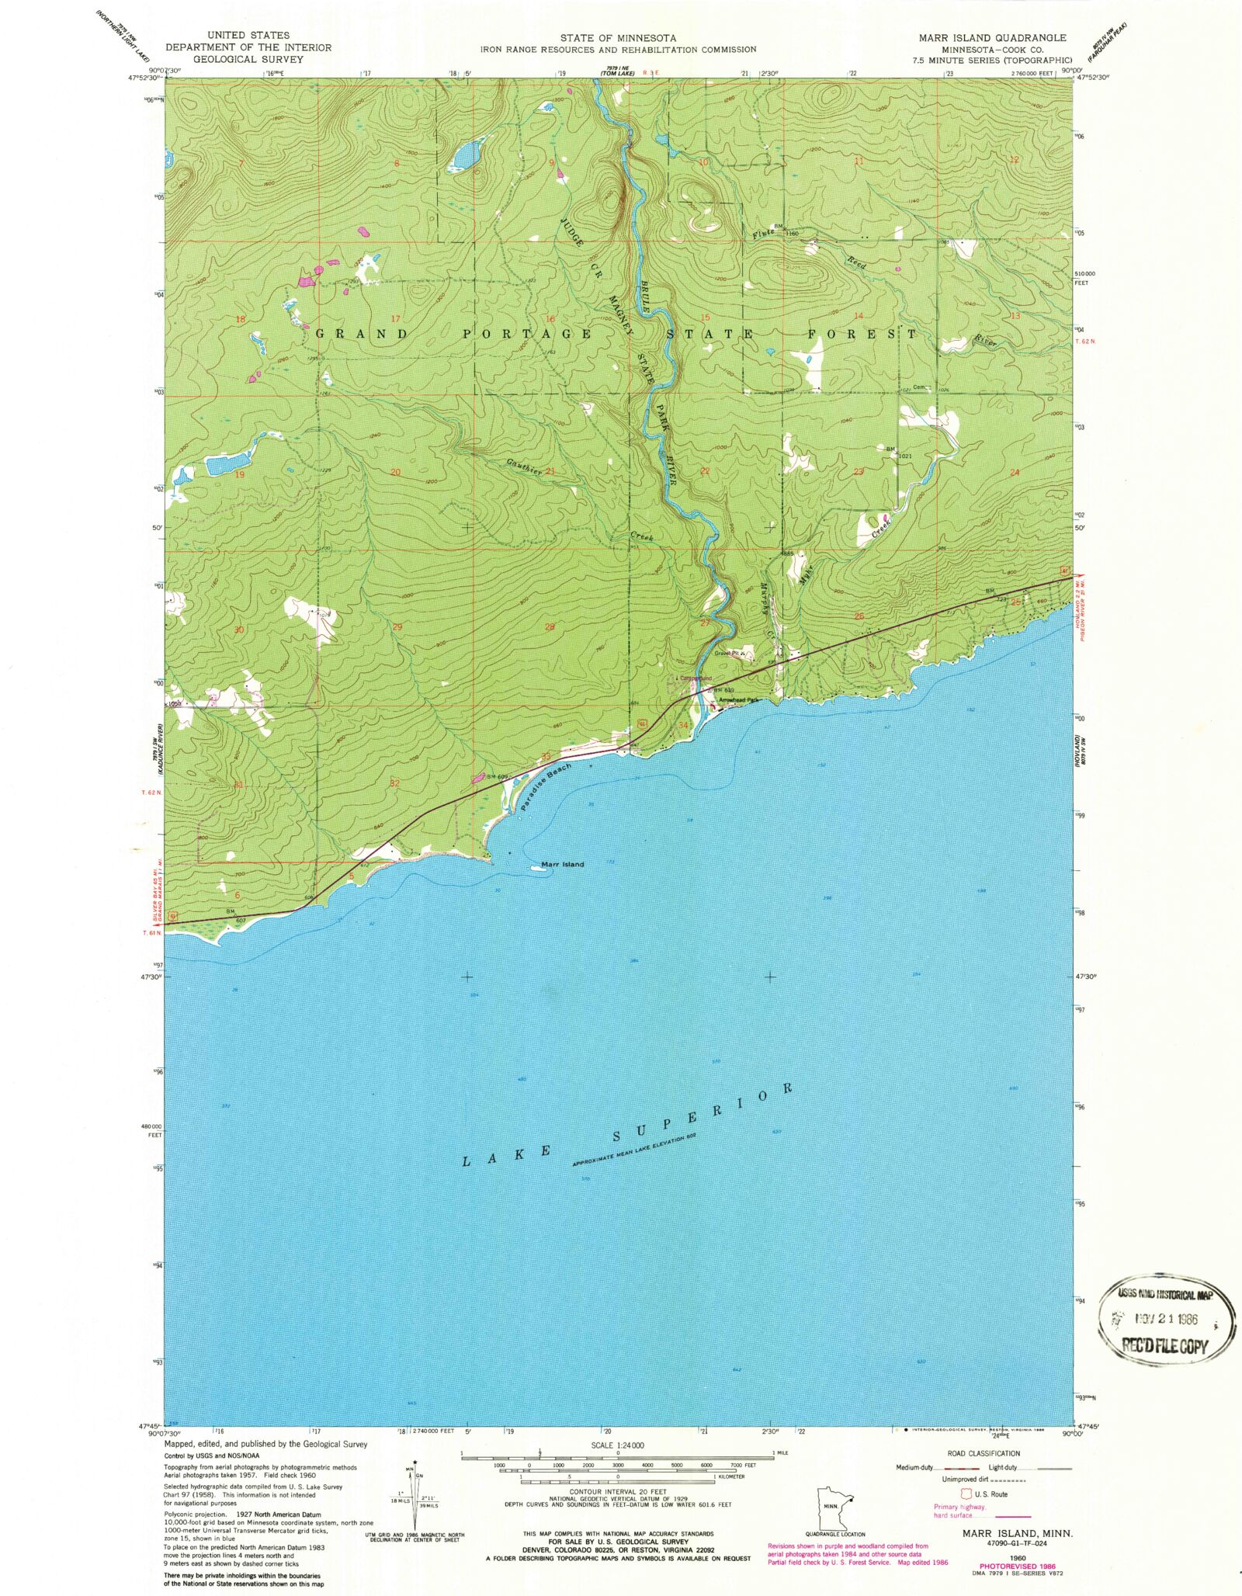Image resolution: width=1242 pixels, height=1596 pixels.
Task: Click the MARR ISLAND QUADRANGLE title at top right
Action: click(x=992, y=37)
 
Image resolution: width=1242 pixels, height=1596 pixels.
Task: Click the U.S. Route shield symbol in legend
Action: click(x=966, y=1493)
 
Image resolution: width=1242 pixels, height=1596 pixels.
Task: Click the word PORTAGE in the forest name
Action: click(x=527, y=334)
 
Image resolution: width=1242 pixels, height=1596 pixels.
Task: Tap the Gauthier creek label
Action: click(x=525, y=467)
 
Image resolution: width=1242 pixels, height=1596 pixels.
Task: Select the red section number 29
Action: click(x=397, y=626)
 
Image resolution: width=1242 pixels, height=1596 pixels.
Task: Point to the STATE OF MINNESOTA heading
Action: click(x=618, y=37)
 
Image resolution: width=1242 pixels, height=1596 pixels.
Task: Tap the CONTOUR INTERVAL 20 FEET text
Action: click(x=618, y=1491)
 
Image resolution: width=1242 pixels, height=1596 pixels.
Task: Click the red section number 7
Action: click(x=241, y=163)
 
